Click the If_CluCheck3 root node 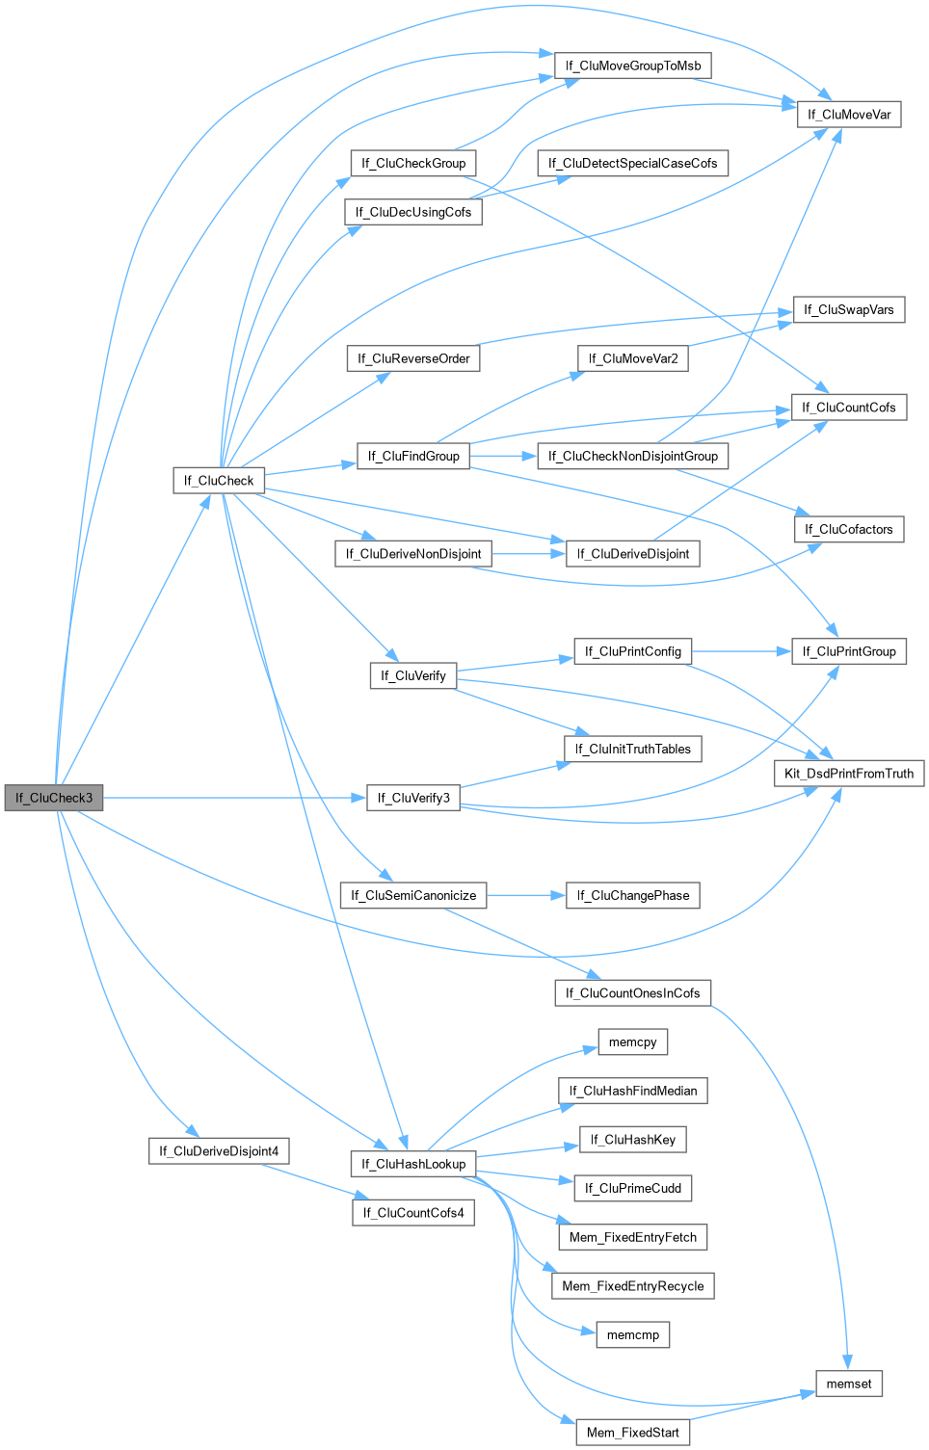coord(54,798)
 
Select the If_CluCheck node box coord(219,480)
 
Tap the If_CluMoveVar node coord(849,115)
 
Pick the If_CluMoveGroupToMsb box coord(633,66)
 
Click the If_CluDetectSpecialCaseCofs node coord(632,163)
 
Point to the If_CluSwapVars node coord(849,309)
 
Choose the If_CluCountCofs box coord(849,408)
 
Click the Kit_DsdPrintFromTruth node coord(849,773)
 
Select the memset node coord(849,1384)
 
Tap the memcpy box coord(633,1041)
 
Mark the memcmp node coord(633,1334)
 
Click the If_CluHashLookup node coord(413,1164)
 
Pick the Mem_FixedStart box coord(633,1433)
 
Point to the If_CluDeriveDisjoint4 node coord(219,1150)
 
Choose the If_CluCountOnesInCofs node coord(633,992)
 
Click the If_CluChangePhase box coord(633,895)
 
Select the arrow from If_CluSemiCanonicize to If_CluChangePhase coord(526,895)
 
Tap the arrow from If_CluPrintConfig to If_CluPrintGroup coord(741,651)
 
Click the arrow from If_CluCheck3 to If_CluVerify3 coord(231,798)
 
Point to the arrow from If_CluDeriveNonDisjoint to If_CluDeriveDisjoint coord(528,554)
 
